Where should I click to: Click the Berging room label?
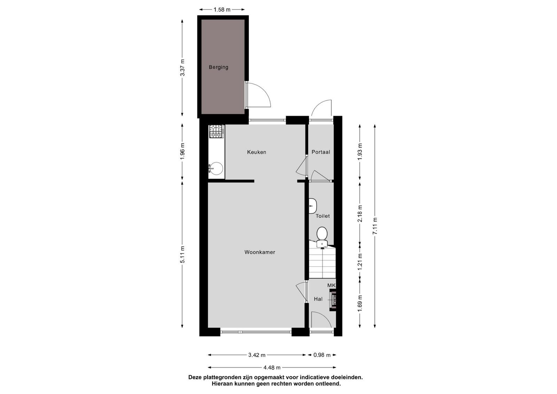[x=218, y=67]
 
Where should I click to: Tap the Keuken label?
[x=256, y=152]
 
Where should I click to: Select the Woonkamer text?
[x=260, y=252]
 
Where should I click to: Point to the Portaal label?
[x=321, y=152]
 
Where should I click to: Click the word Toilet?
[x=322, y=216]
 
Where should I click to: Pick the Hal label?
[x=318, y=299]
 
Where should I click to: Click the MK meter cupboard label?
[x=331, y=285]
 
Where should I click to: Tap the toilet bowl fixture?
[x=322, y=237]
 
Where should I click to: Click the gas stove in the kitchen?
[x=216, y=131]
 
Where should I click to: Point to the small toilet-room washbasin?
[x=313, y=206]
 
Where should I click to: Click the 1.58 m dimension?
[x=222, y=10]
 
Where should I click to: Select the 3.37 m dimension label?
[x=182, y=68]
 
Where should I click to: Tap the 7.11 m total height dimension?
[x=375, y=226]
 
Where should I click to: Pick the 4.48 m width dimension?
[x=272, y=368]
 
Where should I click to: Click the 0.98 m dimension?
[x=322, y=355]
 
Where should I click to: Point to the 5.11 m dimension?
[x=182, y=254]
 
